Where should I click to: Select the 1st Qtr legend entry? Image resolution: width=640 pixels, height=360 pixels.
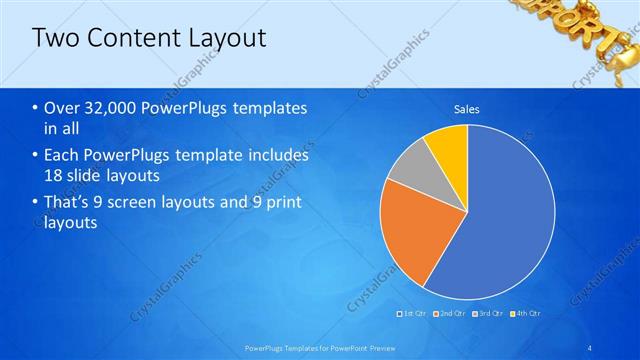412,313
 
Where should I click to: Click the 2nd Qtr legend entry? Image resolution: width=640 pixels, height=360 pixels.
449,313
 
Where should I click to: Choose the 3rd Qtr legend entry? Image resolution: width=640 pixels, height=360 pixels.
486,313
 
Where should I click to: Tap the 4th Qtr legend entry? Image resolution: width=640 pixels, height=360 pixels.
523,313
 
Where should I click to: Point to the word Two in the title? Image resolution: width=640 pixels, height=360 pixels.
54,38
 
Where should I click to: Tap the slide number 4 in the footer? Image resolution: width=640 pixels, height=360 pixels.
592,347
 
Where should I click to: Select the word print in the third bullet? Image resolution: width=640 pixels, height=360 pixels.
283,203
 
